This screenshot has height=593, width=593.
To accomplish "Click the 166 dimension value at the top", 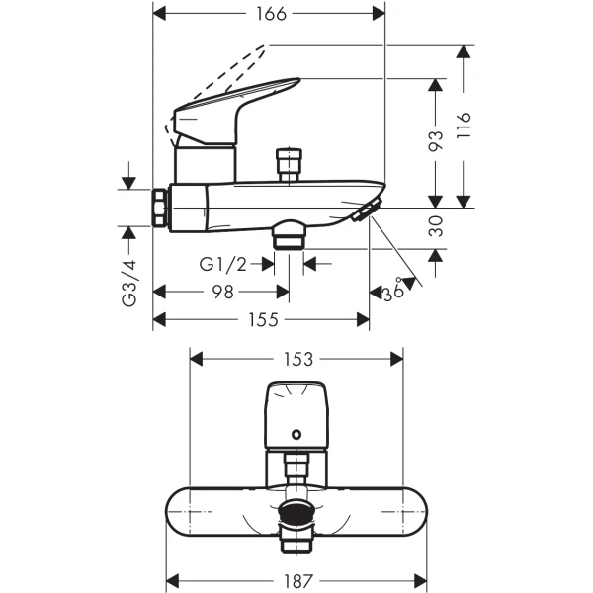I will pos(269,14).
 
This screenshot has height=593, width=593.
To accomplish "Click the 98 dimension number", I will pos(223,293).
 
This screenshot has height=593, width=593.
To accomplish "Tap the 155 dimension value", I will pos(263,320).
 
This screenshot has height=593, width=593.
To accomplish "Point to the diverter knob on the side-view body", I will pos(288,162).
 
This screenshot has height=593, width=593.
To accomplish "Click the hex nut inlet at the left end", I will pos(159,208).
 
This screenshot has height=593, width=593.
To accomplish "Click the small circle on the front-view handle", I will pos(296,431).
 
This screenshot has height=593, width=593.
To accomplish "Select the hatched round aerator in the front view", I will pos(296,513).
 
